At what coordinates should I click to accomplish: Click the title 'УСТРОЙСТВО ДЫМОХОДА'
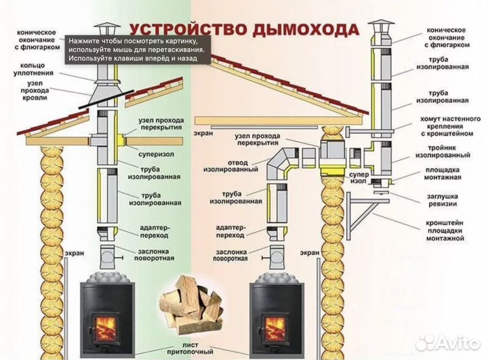pyautogui.click(x=243, y=30)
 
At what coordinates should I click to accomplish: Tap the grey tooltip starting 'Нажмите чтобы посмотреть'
pyautogui.click(x=138, y=49)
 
